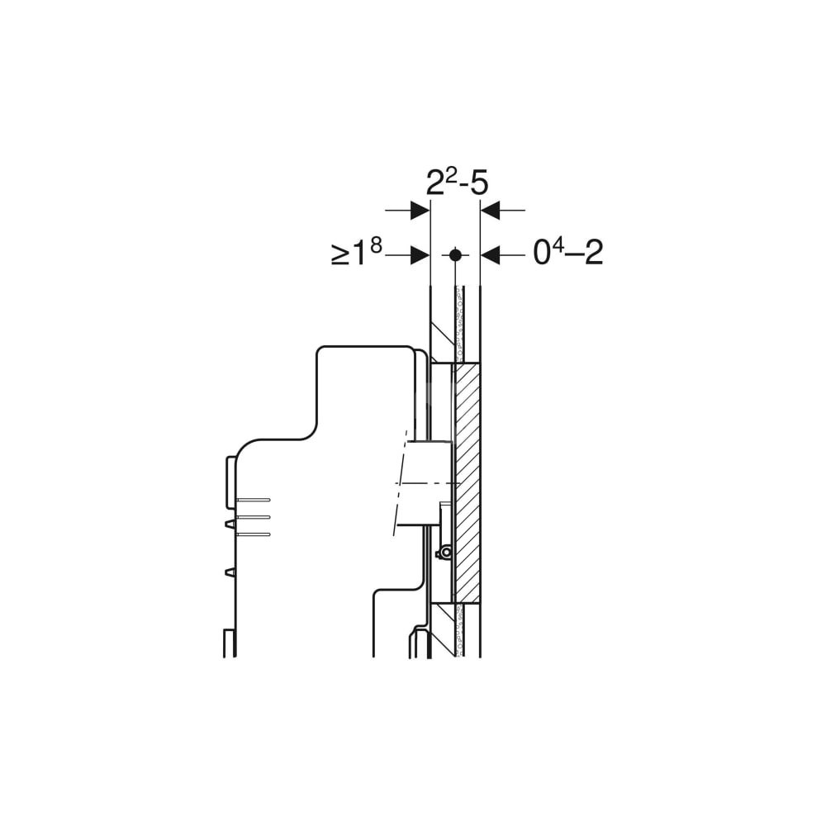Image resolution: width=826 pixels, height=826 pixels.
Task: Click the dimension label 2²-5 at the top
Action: coord(457,183)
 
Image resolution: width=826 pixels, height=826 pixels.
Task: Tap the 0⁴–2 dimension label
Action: coord(568,253)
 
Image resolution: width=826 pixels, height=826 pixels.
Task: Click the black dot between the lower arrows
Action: coord(456,255)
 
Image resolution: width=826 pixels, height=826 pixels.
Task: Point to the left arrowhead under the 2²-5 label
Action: coord(420,210)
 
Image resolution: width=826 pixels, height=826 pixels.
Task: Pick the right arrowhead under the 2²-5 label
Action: coord(491,210)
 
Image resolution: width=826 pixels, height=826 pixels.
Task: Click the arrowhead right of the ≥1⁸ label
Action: coord(420,255)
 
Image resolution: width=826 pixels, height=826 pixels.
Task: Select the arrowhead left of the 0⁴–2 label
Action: coord(491,255)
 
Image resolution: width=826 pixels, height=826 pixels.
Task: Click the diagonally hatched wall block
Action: coord(467,483)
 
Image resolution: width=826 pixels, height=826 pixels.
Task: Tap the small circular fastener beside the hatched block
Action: coord(446,553)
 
